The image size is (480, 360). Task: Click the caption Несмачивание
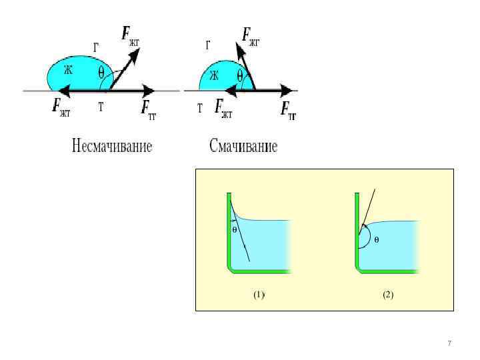pyautogui.click(x=112, y=146)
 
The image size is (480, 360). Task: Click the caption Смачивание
pyautogui.click(x=243, y=146)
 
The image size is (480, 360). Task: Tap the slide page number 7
pyautogui.click(x=449, y=343)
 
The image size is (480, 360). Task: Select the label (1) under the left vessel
pyautogui.click(x=259, y=295)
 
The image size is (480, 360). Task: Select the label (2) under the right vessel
pyautogui.click(x=388, y=295)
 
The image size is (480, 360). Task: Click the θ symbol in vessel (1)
pyautogui.click(x=235, y=229)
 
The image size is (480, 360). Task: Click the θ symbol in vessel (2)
pyautogui.click(x=376, y=239)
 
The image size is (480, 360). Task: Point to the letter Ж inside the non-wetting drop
pyautogui.click(x=68, y=69)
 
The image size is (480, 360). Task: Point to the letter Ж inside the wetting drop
pyautogui.click(x=214, y=75)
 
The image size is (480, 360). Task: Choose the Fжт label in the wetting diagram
pyautogui.click(x=223, y=108)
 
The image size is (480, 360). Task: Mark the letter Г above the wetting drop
pyautogui.click(x=209, y=45)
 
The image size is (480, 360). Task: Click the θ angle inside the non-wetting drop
pyautogui.click(x=101, y=73)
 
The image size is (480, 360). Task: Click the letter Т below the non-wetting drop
pyautogui.click(x=101, y=106)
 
